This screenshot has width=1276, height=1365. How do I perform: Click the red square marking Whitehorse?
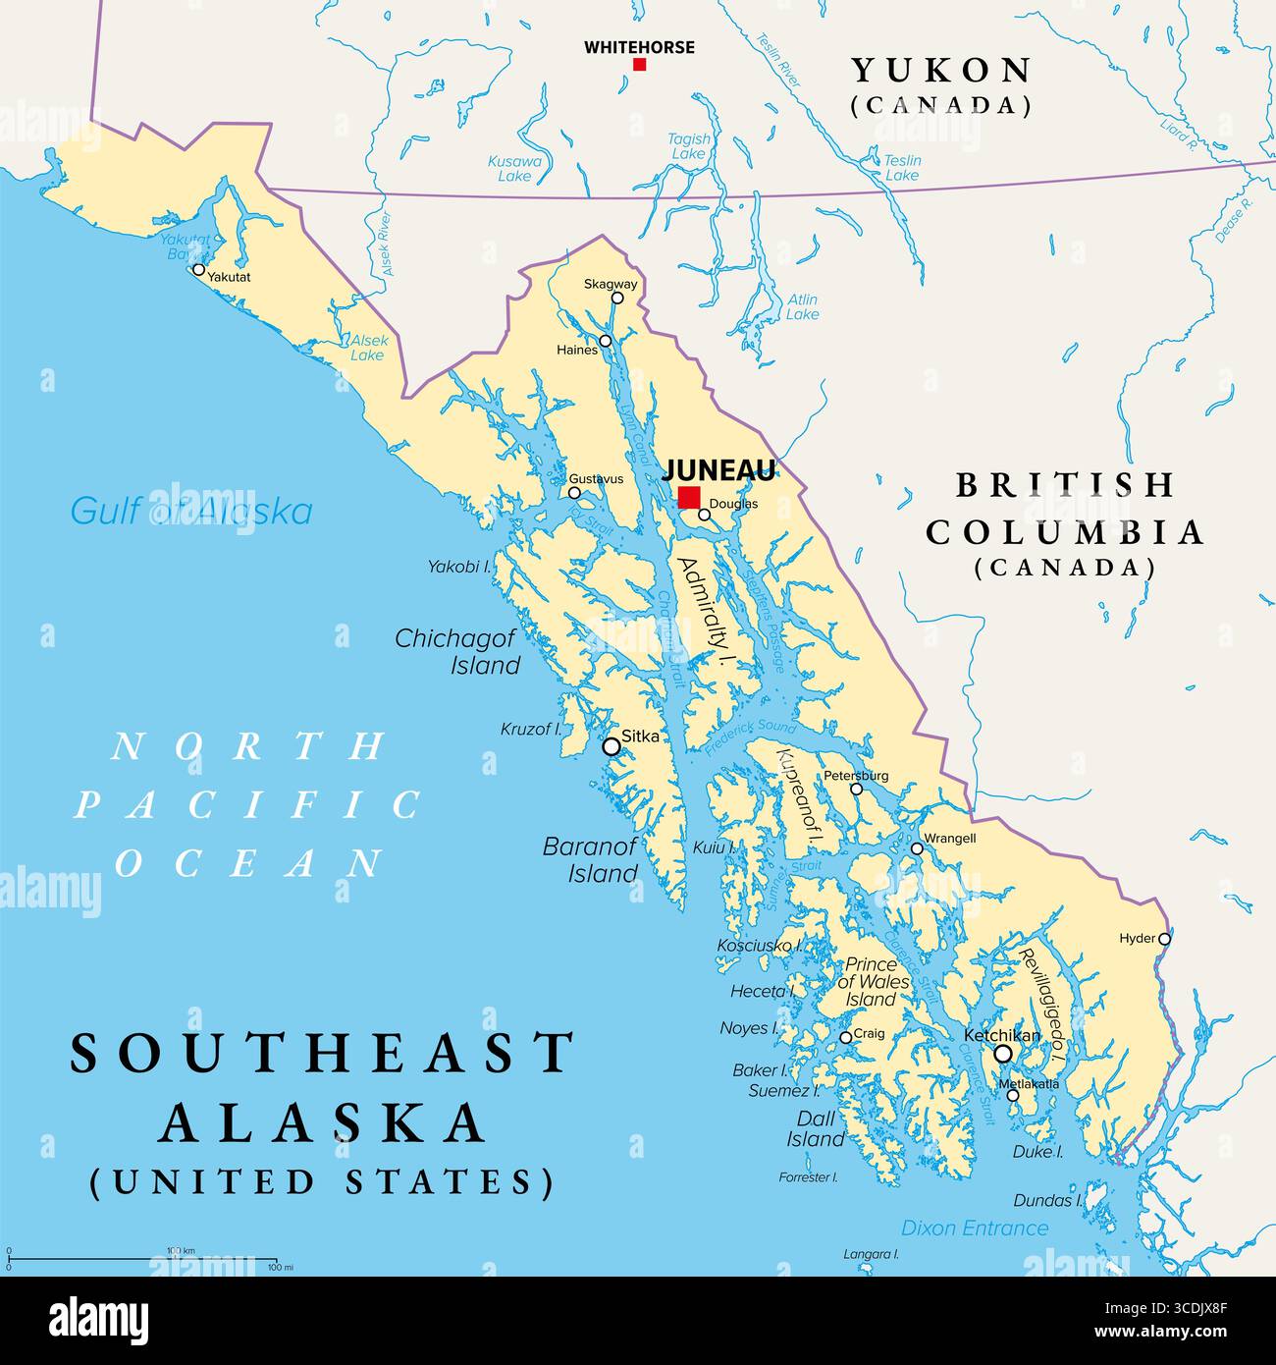(640, 65)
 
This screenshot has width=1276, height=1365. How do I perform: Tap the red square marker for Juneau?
(689, 497)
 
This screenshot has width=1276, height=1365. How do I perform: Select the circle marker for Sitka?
(611, 746)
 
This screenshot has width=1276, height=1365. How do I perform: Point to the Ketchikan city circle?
(1003, 1054)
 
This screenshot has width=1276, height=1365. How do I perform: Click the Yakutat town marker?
(199, 269)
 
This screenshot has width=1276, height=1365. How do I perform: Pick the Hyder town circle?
(1165, 939)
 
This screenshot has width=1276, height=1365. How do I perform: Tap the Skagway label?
(611, 284)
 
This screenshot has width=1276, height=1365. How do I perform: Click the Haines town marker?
(606, 341)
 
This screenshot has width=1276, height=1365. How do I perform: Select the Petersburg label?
(856, 775)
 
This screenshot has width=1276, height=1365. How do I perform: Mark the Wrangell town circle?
(917, 848)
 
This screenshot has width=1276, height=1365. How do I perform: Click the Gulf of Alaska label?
(191, 512)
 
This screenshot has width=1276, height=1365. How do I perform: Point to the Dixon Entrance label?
(975, 1228)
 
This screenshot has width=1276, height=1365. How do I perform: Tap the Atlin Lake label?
(802, 307)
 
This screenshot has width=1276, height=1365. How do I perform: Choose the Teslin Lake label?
(902, 168)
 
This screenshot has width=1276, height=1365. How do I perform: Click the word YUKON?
(940, 71)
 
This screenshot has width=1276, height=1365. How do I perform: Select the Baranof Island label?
(590, 859)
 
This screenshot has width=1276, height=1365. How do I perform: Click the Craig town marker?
(846, 1037)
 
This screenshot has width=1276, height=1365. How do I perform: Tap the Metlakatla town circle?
(1013, 1095)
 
